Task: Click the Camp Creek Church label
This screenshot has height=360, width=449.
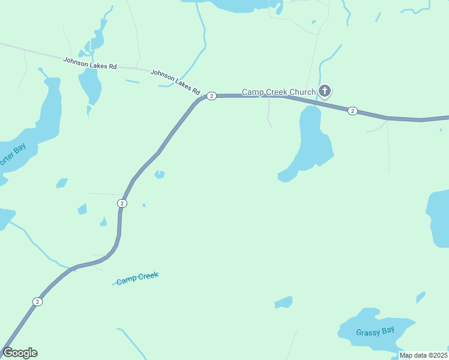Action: pos(279,92)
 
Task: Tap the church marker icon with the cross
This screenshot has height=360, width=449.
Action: pos(324,91)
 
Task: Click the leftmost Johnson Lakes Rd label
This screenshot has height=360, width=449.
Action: pos(90,62)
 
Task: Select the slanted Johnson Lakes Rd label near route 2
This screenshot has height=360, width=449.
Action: pos(175,82)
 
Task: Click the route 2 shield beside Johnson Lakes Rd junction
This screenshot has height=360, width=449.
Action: pos(211,96)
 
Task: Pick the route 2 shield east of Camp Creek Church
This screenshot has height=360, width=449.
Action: pos(352,110)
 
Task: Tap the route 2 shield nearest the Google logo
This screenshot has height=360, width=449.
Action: pos(37,301)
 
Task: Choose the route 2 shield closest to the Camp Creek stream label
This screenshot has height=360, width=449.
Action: pos(122,203)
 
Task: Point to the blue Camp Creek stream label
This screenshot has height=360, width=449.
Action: pos(137,278)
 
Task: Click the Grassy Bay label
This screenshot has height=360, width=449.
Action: pos(375,332)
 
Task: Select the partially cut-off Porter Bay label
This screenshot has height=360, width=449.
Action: pos(12,156)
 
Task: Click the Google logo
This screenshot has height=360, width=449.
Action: pos(20,353)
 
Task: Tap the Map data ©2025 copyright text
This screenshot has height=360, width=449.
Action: pos(424,355)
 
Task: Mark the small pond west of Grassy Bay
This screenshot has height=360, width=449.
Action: pos(283,302)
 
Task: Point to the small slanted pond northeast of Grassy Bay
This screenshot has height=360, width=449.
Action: pos(420,297)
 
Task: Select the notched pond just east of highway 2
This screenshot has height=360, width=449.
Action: pos(159,174)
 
